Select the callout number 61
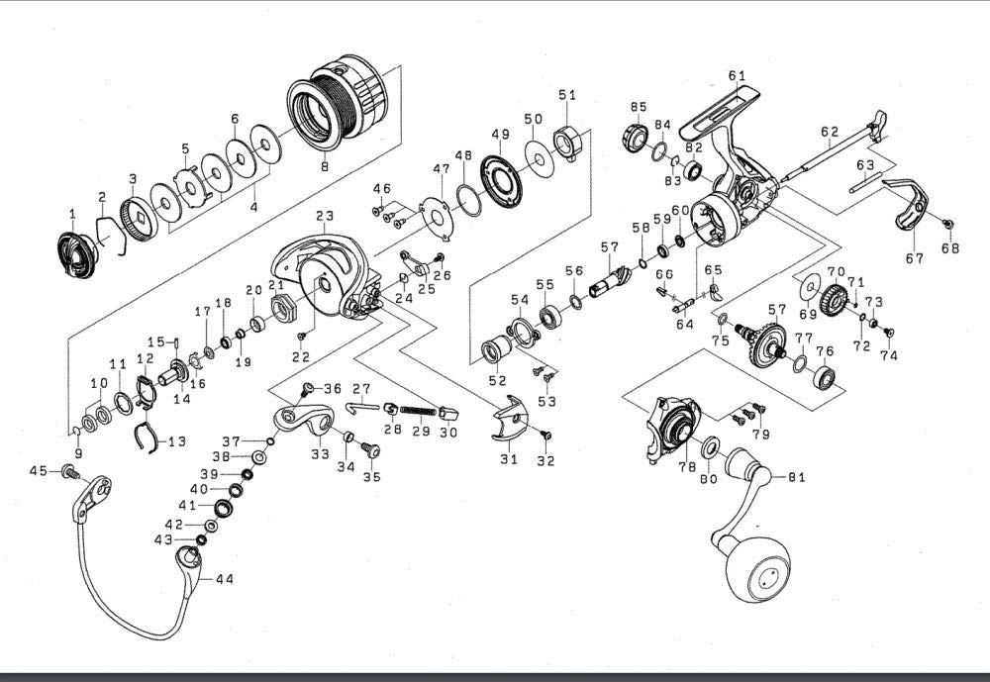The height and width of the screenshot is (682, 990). (736, 76)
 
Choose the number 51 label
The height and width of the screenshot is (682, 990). (566, 95)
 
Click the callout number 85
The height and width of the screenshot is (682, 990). (638, 106)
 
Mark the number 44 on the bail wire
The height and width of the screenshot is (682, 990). (225, 579)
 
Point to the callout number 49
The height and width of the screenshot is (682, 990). (500, 135)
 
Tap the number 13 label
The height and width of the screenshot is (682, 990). (178, 440)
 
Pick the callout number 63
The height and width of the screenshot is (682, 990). (865, 164)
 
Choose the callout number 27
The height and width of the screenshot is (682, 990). (361, 388)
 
